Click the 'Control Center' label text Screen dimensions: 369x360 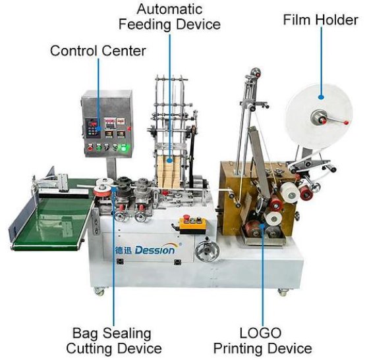[x=98, y=51]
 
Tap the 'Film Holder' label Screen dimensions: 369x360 [x=320, y=20]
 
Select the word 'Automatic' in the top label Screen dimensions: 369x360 [x=169, y=9]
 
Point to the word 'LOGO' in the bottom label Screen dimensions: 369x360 [x=260, y=333]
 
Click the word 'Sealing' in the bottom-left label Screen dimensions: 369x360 [x=127, y=334]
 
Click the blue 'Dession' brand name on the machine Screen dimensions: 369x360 [x=155, y=250]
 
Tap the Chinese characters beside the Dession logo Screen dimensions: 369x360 [x=124, y=250]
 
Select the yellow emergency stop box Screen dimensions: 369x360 [x=192, y=225]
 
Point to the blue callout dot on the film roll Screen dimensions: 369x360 [x=321, y=97]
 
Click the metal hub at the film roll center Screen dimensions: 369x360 [x=319, y=117]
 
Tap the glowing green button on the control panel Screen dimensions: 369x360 [x=124, y=148]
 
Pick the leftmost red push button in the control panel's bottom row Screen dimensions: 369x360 [x=90, y=148]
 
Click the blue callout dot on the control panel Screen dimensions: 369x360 [x=99, y=129]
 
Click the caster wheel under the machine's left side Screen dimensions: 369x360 [x=99, y=292]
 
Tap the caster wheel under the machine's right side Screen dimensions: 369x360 [x=283, y=292]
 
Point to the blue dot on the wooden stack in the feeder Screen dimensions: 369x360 [x=169, y=161]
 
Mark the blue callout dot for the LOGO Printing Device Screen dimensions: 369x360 [x=263, y=226]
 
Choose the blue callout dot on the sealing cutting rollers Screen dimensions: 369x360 [x=113, y=188]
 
